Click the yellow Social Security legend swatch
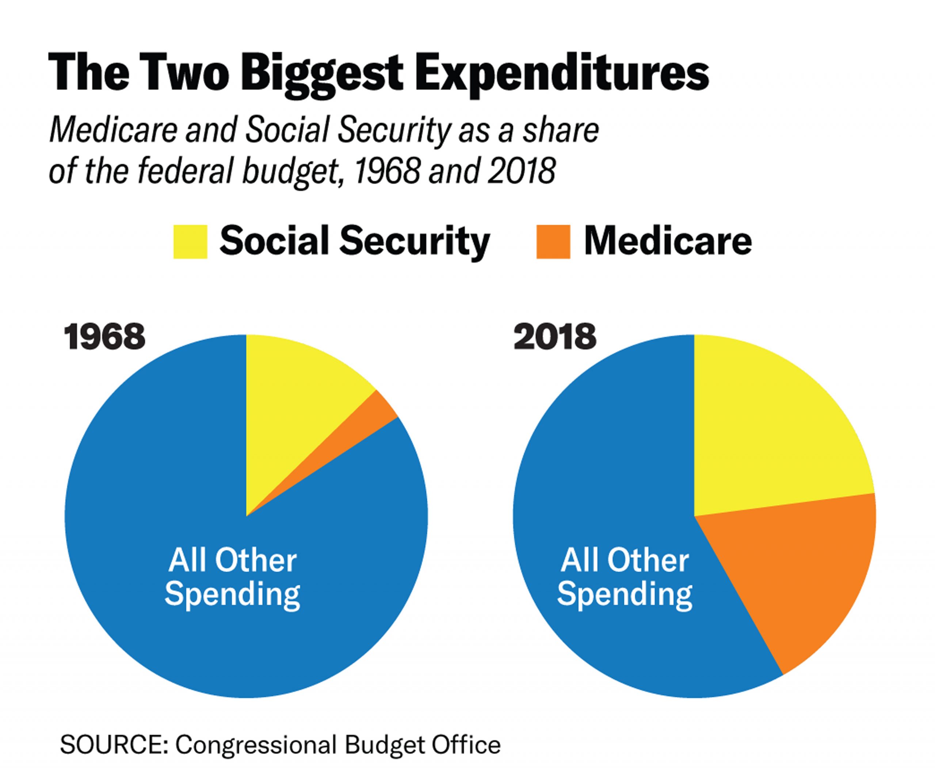tap(190, 242)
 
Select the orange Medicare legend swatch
tap(553, 242)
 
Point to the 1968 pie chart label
tap(105, 337)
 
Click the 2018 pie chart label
tap(555, 337)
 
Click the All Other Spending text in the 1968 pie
tap(233, 577)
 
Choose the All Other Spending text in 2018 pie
tap(624, 577)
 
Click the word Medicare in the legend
tap(668, 242)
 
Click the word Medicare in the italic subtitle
tap(113, 130)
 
